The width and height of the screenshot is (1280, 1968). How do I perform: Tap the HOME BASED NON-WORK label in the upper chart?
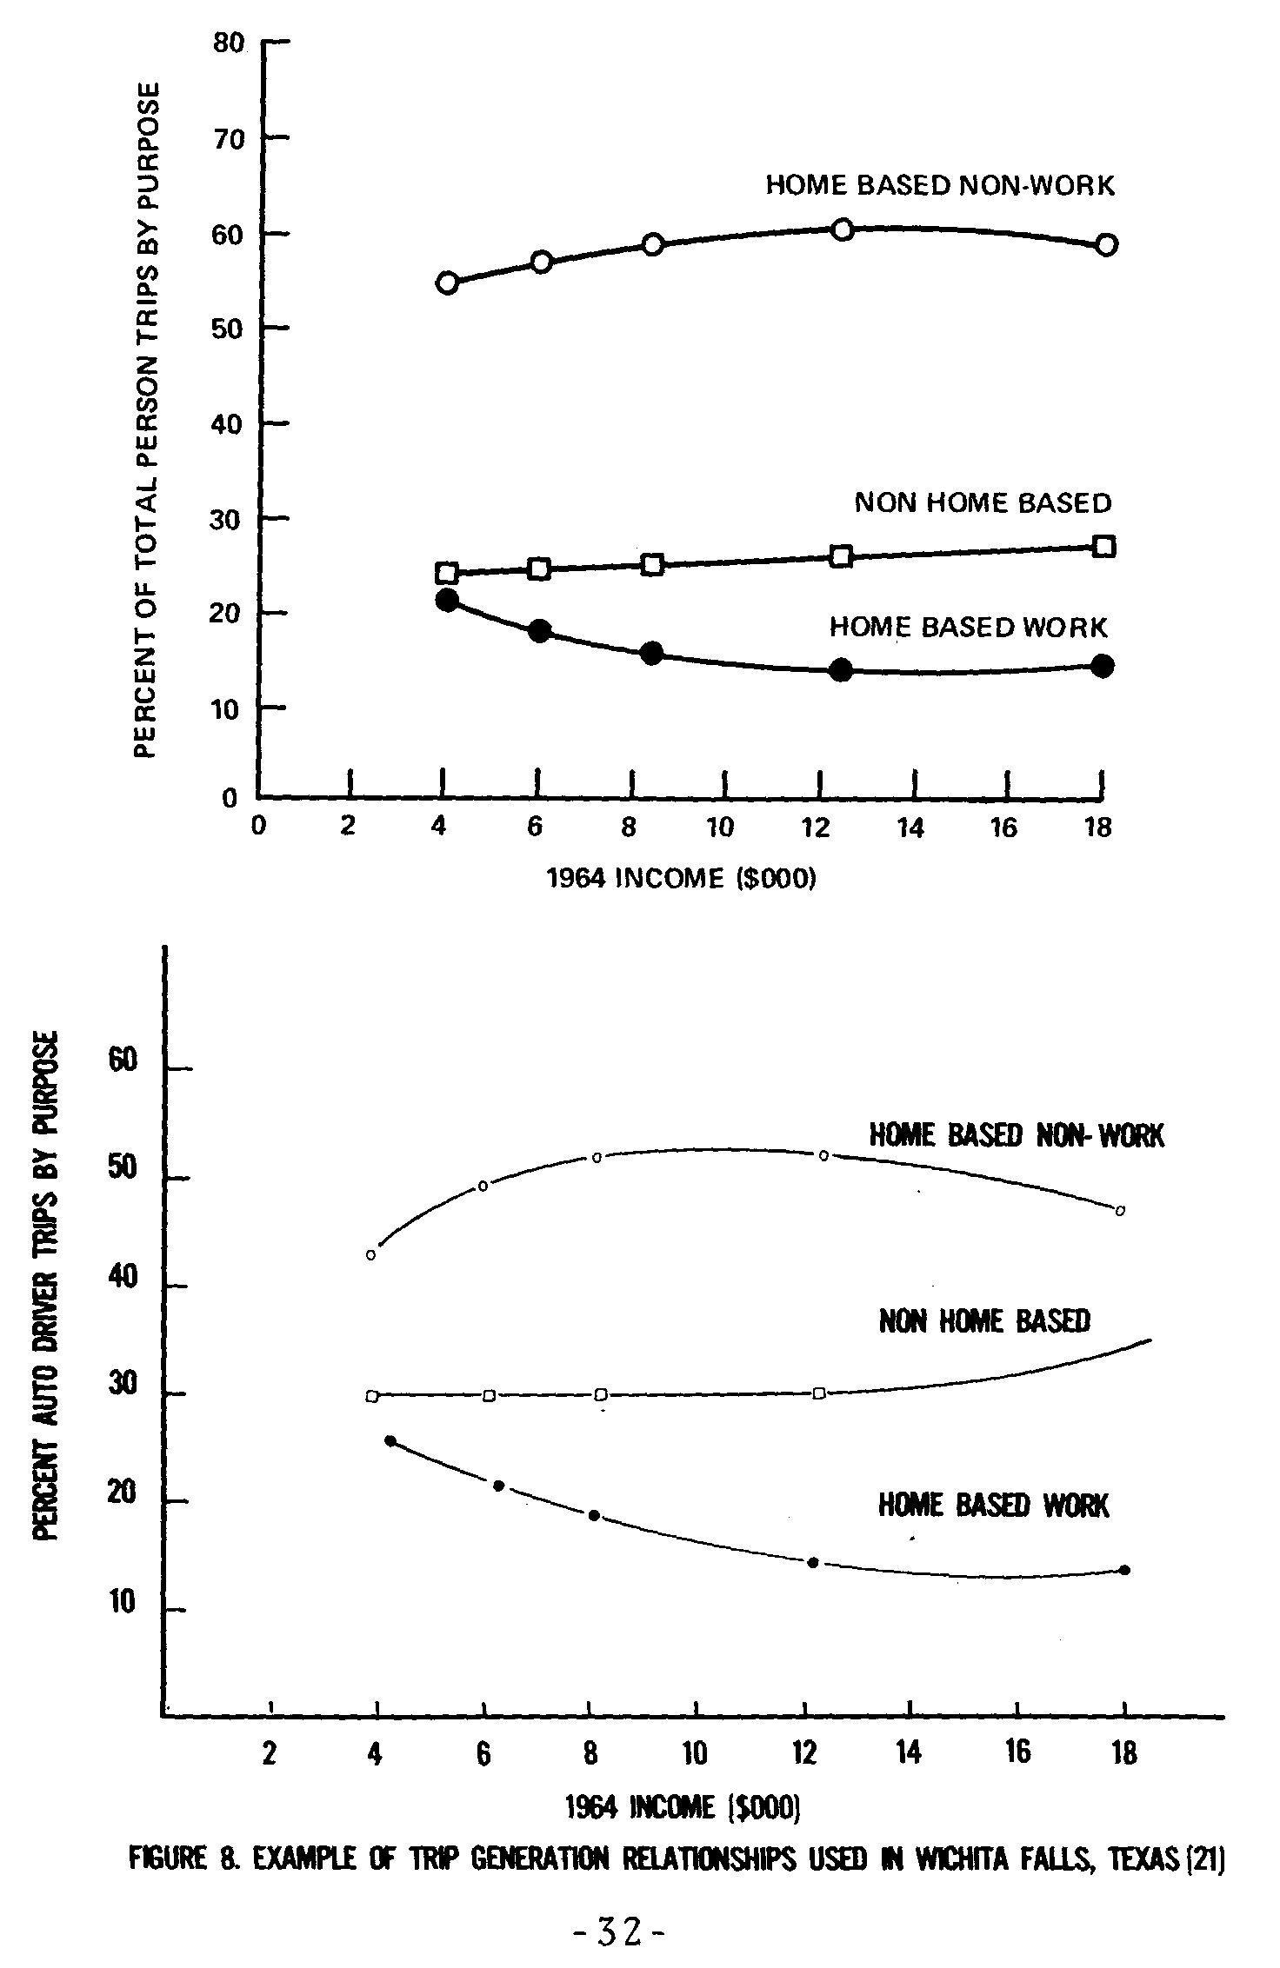939,185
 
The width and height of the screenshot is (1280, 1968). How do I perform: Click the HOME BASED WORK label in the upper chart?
968,627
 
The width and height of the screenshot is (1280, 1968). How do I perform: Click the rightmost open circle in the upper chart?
1106,245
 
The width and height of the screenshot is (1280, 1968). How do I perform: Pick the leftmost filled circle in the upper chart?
447,600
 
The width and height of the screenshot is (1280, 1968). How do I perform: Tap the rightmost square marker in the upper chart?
1103,547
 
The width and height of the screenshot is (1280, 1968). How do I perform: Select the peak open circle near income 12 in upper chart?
842,229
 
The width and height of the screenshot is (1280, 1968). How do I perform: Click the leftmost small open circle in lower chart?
371,1255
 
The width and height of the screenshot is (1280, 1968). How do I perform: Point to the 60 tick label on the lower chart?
125,1061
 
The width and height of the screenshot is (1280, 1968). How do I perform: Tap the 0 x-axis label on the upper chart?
258,826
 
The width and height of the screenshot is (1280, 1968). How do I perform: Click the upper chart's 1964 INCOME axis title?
682,879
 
